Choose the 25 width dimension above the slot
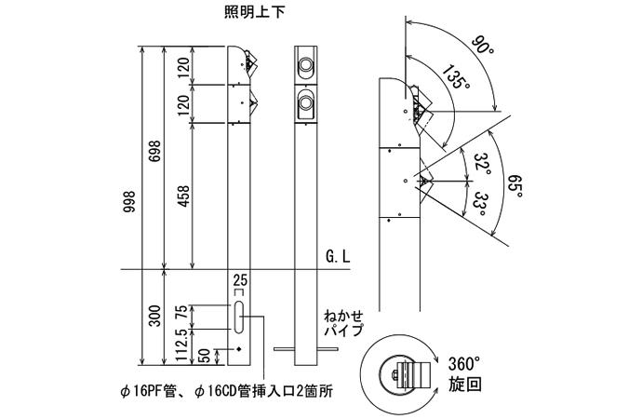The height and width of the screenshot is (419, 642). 240,278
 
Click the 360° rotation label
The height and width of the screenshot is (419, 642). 461,362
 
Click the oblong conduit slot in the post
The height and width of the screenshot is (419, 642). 240,317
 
